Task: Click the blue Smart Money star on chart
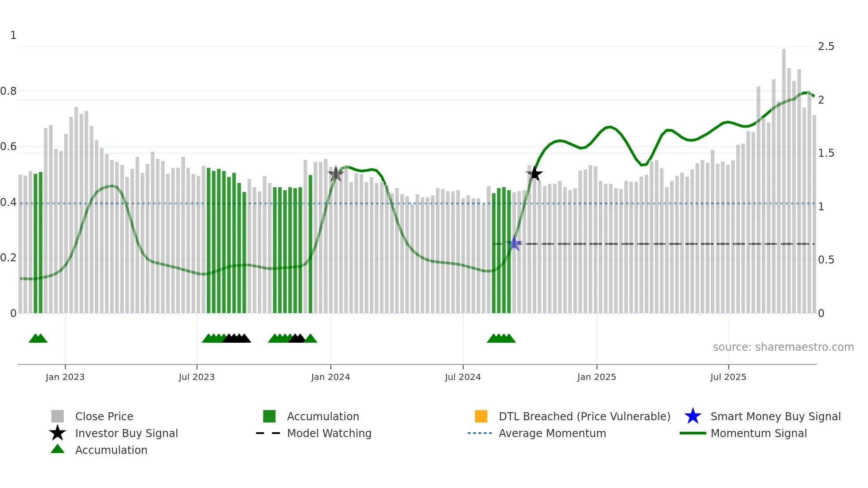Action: click(x=514, y=243)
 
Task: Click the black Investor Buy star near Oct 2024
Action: click(x=535, y=174)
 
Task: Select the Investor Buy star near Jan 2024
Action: click(x=336, y=174)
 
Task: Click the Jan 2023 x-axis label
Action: click(x=65, y=377)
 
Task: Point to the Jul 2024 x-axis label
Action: click(x=463, y=377)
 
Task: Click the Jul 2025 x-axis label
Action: click(x=728, y=377)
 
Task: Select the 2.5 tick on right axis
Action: click(x=826, y=46)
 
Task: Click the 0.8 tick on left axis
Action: click(x=8, y=91)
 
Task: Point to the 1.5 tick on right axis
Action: click(x=826, y=153)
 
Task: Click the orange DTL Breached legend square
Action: click(x=481, y=416)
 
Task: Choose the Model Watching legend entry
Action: click(x=329, y=433)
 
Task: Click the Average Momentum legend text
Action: click(x=552, y=433)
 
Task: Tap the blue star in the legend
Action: click(x=693, y=416)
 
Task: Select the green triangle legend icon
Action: click(x=58, y=449)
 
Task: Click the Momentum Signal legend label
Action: click(x=759, y=433)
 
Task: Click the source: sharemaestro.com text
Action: click(x=783, y=347)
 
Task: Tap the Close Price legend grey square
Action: click(x=58, y=416)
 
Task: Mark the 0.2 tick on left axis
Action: click(x=8, y=258)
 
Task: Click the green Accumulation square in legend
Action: click(x=269, y=416)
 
